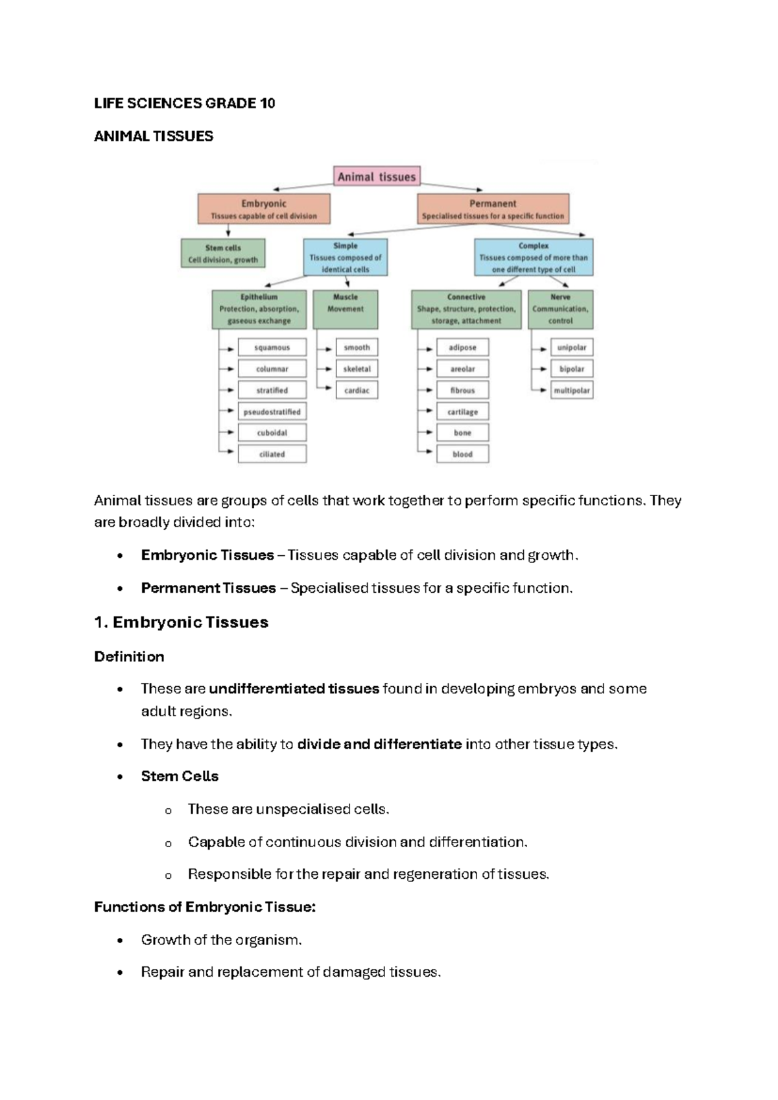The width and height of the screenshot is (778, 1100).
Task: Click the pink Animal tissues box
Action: click(377, 176)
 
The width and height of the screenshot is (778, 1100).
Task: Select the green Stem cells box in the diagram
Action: click(223, 254)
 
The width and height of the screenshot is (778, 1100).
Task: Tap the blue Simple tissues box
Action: click(346, 257)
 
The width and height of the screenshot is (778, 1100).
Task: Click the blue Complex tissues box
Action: click(534, 257)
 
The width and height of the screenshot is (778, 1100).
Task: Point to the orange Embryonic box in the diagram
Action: click(264, 209)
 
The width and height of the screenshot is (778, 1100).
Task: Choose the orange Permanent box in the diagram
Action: click(493, 209)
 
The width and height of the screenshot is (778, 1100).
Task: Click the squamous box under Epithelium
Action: click(272, 348)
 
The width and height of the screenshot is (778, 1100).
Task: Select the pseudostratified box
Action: click(272, 412)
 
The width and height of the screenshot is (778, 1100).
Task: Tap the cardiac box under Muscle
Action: click(357, 390)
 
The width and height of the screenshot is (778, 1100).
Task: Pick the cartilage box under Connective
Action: click(462, 412)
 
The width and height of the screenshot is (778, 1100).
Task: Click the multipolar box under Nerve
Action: click(571, 390)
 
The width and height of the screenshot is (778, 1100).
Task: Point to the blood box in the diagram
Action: click(462, 454)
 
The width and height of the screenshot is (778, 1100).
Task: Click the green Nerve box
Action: click(560, 309)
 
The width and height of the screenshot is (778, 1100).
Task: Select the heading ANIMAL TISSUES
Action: click(154, 136)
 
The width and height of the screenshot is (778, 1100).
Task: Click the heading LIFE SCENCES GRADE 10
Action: click(185, 103)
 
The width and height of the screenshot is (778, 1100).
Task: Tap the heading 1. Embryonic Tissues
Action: click(181, 622)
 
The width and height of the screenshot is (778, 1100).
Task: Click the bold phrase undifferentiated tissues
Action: click(294, 689)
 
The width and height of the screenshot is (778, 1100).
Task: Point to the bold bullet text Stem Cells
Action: click(180, 776)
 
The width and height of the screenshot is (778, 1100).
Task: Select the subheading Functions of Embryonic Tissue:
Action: click(205, 907)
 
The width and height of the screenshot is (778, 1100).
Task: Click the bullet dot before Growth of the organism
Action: click(120, 940)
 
